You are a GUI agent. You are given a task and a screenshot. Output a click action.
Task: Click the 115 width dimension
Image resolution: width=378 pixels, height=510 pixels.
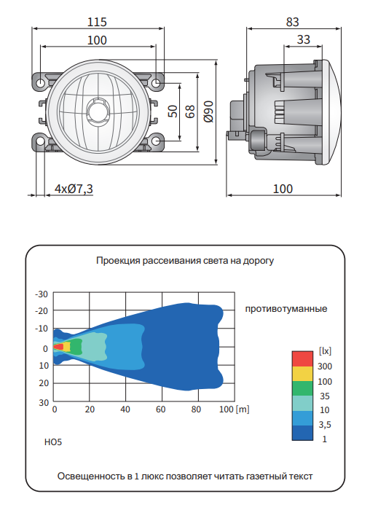96,22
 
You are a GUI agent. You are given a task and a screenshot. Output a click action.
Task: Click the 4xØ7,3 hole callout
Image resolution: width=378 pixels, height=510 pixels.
74,189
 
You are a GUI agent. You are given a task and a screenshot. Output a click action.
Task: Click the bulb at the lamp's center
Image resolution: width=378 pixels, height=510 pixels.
96,111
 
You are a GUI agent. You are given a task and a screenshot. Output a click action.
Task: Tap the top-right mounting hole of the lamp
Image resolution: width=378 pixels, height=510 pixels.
158,82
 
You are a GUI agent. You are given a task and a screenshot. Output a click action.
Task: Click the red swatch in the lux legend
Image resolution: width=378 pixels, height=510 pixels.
302,358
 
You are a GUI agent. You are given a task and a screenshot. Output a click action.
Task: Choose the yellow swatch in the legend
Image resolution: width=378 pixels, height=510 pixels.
302,373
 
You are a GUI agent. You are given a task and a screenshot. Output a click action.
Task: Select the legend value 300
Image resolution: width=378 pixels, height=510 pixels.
325,366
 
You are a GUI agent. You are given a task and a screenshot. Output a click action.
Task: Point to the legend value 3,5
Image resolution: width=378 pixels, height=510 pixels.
325,425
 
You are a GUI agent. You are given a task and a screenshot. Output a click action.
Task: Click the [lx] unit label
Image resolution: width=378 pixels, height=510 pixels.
325,350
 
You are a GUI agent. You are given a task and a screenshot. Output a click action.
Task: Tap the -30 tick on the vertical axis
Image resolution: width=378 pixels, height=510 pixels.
42,294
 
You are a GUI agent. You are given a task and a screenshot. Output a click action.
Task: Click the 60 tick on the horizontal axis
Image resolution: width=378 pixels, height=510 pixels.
160,409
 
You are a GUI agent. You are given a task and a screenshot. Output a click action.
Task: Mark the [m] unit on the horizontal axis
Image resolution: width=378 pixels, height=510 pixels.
243,409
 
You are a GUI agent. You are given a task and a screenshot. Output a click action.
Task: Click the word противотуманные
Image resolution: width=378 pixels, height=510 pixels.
286,309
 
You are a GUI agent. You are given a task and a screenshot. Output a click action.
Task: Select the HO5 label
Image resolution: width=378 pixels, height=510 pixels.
53,442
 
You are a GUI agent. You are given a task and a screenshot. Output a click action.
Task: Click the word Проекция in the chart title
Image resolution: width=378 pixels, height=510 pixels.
117,260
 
